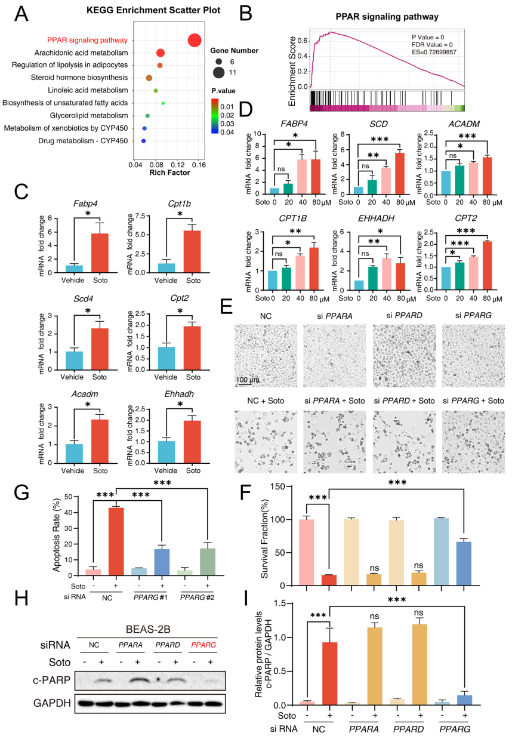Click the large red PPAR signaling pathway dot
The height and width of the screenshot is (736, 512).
coord(194,40)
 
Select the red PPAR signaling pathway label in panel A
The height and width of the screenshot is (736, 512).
coord(87,41)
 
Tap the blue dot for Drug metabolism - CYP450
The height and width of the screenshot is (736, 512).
coord(143,141)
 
